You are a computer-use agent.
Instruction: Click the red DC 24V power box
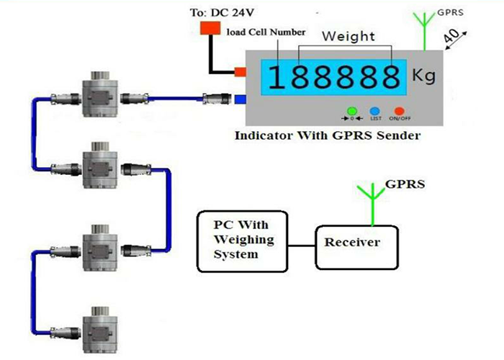click(210, 27)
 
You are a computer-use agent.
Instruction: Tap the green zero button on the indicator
click(352, 110)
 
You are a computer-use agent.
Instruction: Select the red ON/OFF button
click(397, 110)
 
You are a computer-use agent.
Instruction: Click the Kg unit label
click(425, 75)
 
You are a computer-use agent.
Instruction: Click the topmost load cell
click(102, 94)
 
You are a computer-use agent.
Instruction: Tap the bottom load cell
click(102, 328)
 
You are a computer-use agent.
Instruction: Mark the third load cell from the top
click(102, 249)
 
